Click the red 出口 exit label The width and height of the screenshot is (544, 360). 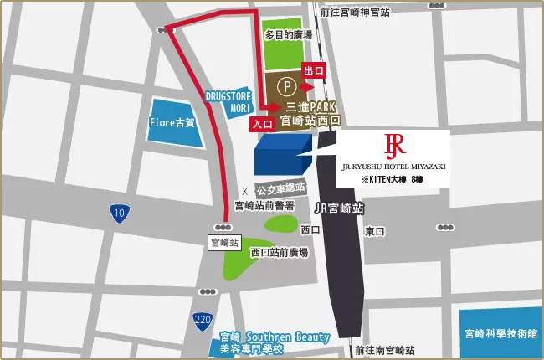313,70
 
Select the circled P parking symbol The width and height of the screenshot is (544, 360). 286,85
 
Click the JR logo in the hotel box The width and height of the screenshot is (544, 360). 393,146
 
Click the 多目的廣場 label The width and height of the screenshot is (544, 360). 288,35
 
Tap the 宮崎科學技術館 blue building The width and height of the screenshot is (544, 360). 500,333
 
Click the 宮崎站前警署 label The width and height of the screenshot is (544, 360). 263,205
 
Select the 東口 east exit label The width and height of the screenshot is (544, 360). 374,231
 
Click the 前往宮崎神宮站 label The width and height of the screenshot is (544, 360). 356,13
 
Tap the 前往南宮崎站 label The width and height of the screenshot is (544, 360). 385,349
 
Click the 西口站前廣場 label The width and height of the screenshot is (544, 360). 279,251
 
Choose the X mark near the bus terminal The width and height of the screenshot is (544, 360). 244,190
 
